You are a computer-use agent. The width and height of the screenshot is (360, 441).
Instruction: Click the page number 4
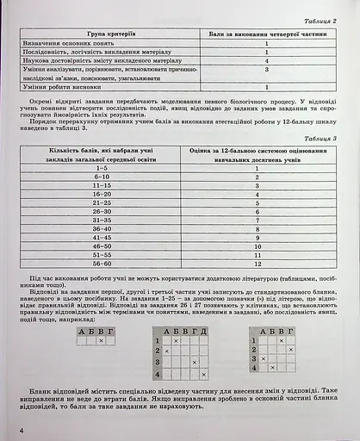click(x=10, y=429)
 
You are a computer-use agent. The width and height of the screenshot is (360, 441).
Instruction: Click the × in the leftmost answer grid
click(x=101, y=341)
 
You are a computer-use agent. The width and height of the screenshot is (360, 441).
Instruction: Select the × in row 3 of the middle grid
click(x=194, y=363)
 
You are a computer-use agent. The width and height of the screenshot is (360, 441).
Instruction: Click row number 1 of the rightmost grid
click(x=255, y=341)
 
